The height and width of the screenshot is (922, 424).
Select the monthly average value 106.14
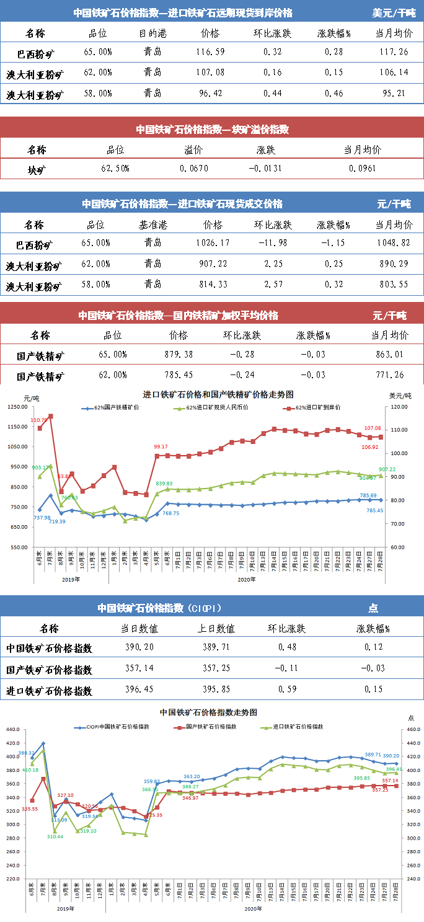click(x=393, y=73)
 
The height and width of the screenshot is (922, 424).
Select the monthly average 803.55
click(x=393, y=285)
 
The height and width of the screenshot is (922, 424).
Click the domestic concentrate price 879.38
click(x=178, y=355)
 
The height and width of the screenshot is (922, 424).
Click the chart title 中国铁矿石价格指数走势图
click(x=208, y=713)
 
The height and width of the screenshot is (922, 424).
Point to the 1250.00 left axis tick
click(x=19, y=407)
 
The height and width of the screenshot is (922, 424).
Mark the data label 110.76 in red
click(x=39, y=420)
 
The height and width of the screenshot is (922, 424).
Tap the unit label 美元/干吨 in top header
click(x=394, y=12)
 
